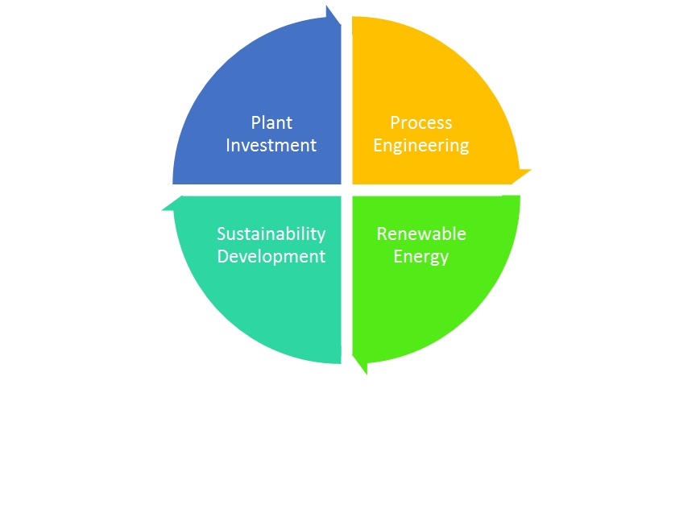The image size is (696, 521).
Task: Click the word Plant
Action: tap(271, 123)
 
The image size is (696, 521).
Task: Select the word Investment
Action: tap(271, 146)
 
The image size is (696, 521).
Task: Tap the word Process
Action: tap(421, 123)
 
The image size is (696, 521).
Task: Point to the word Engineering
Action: tap(421, 146)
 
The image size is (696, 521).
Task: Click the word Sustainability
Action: tap(271, 234)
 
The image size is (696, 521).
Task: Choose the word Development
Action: tap(271, 257)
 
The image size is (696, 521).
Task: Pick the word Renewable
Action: tap(421, 234)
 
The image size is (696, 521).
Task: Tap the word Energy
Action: tap(421, 257)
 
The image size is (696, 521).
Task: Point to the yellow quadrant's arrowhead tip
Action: tap(532, 170)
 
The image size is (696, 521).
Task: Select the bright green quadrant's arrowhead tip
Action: tap(367, 374)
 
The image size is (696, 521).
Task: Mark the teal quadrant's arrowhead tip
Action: tap(162, 210)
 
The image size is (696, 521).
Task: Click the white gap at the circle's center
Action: tap(346, 190)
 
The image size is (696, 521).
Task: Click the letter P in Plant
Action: tap(255, 123)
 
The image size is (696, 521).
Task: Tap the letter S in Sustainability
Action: tap(222, 234)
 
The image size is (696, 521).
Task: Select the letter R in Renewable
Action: tap(382, 234)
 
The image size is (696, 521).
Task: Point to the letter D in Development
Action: tap(223, 257)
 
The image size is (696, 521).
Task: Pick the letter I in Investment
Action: tap(228, 146)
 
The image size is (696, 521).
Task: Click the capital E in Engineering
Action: tap(378, 146)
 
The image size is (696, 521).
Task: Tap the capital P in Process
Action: tap(395, 123)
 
